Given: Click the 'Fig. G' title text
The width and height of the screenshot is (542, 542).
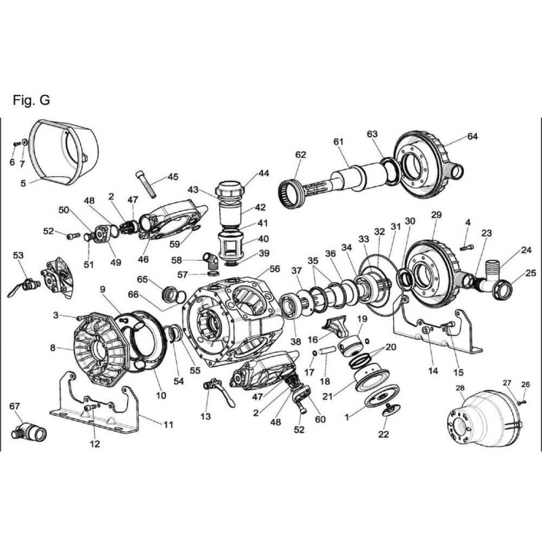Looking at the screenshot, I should click(x=31, y=100).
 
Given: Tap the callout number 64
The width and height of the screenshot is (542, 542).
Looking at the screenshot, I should click(x=472, y=137).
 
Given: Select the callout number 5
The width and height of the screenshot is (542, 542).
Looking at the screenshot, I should click(x=24, y=183).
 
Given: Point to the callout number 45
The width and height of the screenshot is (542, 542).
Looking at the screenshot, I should click(x=173, y=177).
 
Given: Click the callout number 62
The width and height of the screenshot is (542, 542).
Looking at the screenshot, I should click(x=301, y=155).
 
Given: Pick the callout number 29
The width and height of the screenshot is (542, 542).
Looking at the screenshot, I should click(x=436, y=215).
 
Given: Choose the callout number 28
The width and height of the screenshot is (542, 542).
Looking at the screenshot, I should click(x=460, y=388).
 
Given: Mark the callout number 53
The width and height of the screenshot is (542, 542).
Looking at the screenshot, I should click(x=18, y=255).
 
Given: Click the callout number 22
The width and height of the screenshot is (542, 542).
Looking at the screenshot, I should click(x=383, y=434).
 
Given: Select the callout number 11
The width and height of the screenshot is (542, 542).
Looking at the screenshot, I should click(x=169, y=424).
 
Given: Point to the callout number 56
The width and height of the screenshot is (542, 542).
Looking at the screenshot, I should click(x=274, y=269).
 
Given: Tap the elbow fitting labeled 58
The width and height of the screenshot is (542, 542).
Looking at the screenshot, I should click(x=211, y=259).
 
